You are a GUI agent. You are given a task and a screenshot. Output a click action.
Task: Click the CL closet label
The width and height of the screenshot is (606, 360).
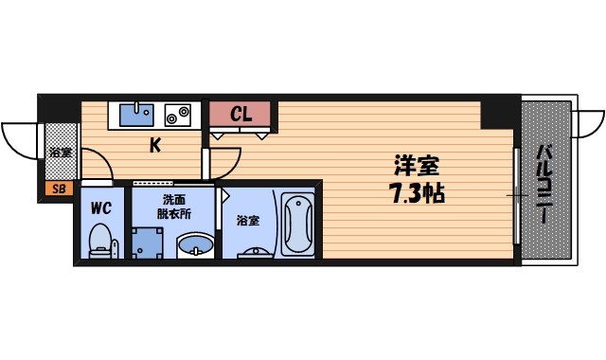point(241,115)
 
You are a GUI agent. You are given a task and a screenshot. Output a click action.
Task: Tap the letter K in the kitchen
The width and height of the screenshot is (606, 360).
point(154,145)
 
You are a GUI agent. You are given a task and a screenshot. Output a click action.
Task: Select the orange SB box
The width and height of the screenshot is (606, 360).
point(58,189)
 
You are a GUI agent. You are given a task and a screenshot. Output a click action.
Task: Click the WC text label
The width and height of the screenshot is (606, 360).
point(101,206)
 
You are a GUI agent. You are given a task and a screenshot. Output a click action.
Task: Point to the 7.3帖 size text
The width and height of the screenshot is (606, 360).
point(416,194)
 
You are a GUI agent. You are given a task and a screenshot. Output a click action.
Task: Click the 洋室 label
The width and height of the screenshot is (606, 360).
point(416,164)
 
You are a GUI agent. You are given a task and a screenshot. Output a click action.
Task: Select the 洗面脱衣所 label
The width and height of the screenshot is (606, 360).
point(173,207)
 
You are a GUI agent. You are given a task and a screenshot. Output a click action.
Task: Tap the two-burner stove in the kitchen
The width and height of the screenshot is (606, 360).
point(177,114)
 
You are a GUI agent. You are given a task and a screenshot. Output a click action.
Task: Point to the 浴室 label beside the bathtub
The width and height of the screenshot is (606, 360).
point(247,221)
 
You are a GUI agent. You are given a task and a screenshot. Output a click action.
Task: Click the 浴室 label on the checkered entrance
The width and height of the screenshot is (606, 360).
point(60,152)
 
